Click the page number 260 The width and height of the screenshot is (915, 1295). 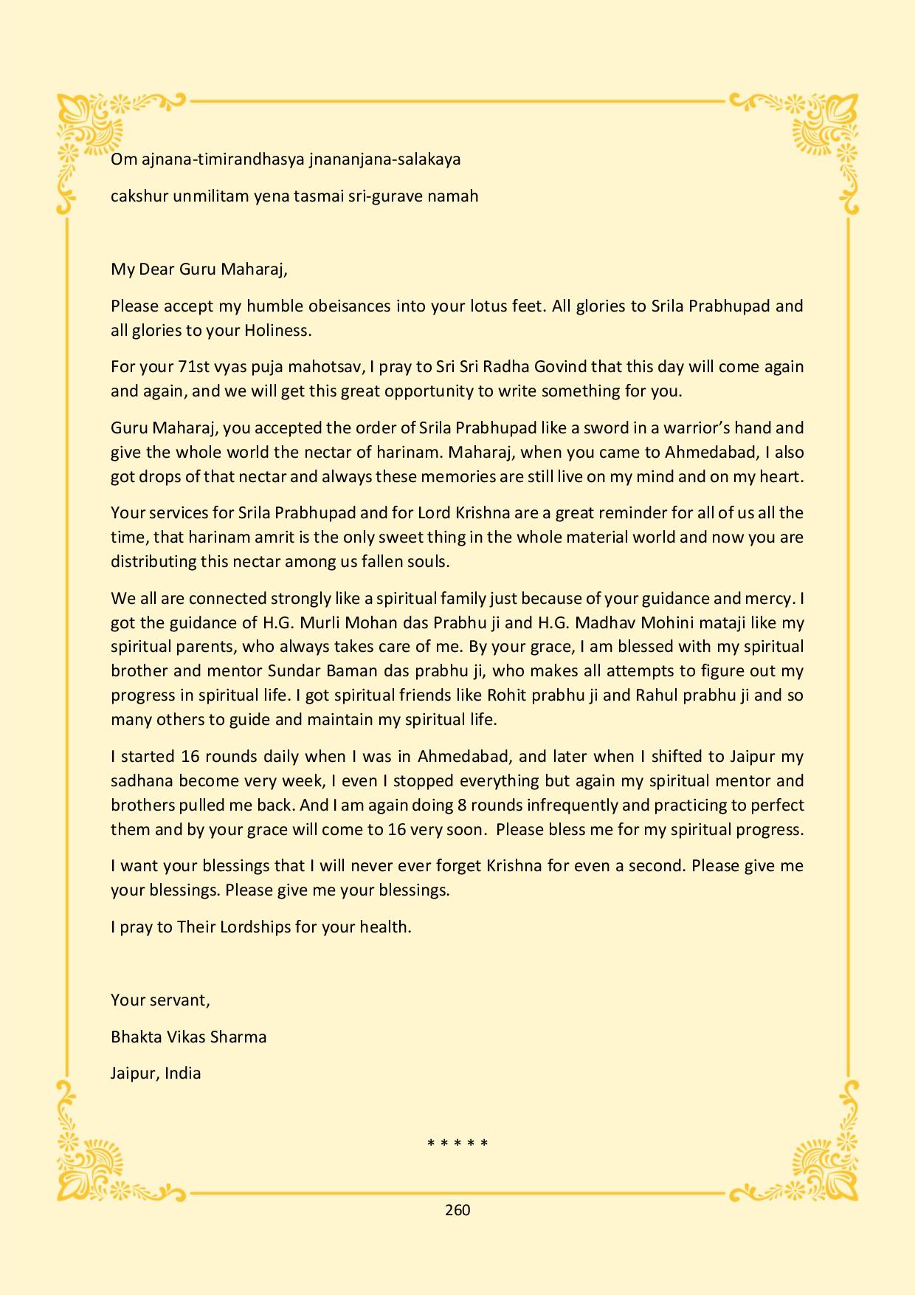point(457,1209)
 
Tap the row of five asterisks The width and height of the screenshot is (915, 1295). point(457,1144)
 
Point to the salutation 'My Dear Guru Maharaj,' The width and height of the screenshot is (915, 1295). point(199,269)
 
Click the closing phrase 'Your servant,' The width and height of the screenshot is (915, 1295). point(160,1000)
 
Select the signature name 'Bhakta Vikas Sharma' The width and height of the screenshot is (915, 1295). point(188,1037)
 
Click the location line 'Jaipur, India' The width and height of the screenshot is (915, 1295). point(156,1074)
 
